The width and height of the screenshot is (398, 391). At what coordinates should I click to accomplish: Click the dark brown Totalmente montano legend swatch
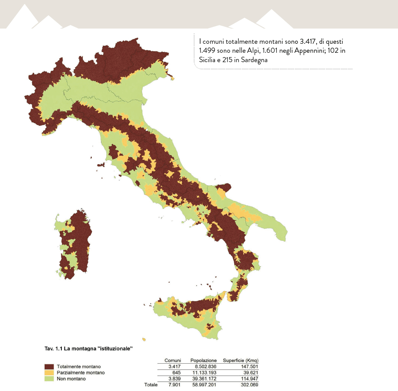tap(49, 367)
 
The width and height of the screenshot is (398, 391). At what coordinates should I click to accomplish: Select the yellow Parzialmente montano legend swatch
tap(49, 373)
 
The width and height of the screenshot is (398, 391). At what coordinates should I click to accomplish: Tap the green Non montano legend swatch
tap(49, 379)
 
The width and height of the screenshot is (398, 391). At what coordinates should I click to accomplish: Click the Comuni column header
tap(172, 360)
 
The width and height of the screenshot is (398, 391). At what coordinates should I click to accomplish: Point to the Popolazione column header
tap(203, 360)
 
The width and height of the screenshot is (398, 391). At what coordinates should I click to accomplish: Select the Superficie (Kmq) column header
tap(240, 360)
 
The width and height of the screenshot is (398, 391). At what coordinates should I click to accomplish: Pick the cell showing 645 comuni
tap(176, 373)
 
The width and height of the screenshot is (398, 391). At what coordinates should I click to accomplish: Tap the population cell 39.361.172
tap(203, 379)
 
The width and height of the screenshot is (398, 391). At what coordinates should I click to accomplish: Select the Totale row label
tap(151, 385)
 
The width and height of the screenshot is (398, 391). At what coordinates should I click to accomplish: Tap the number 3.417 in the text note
tap(301, 41)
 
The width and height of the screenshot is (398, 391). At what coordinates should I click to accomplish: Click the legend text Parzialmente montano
tap(81, 373)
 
